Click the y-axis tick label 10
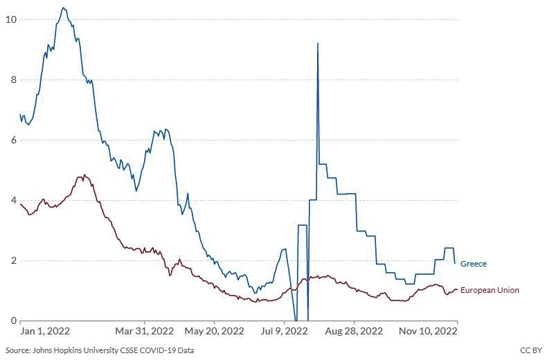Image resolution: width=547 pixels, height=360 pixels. tap(10, 19)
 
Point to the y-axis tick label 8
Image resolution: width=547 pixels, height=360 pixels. tap(12, 80)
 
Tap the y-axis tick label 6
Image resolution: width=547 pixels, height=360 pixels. tap(12, 140)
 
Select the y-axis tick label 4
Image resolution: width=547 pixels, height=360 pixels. tap(12, 200)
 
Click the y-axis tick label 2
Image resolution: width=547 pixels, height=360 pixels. tap(12, 260)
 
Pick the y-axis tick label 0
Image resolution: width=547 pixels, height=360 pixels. tap(12, 321)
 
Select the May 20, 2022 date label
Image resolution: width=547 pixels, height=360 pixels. tap(215, 332)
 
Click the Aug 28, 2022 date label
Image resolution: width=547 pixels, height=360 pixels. tap(353, 332)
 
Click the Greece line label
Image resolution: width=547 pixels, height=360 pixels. tap(474, 264)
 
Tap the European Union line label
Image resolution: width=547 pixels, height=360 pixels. tap(490, 290)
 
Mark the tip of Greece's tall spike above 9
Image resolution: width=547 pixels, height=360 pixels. tap(318, 44)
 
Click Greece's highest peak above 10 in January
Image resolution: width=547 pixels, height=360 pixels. tap(64, 8)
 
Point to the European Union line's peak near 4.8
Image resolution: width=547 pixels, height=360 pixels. tap(84, 175)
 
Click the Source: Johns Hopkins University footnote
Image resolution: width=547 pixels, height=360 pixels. tap(99, 351)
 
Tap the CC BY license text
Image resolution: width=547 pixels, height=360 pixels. tap(530, 351)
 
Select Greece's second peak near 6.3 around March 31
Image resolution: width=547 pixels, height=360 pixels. tap(160, 129)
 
